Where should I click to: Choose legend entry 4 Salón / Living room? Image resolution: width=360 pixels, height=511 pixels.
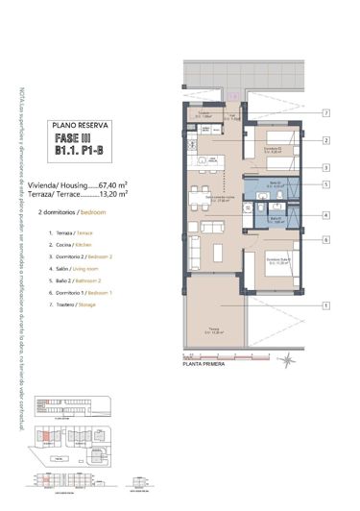pos(78,268)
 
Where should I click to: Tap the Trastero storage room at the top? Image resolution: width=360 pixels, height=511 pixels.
pos(204,114)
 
